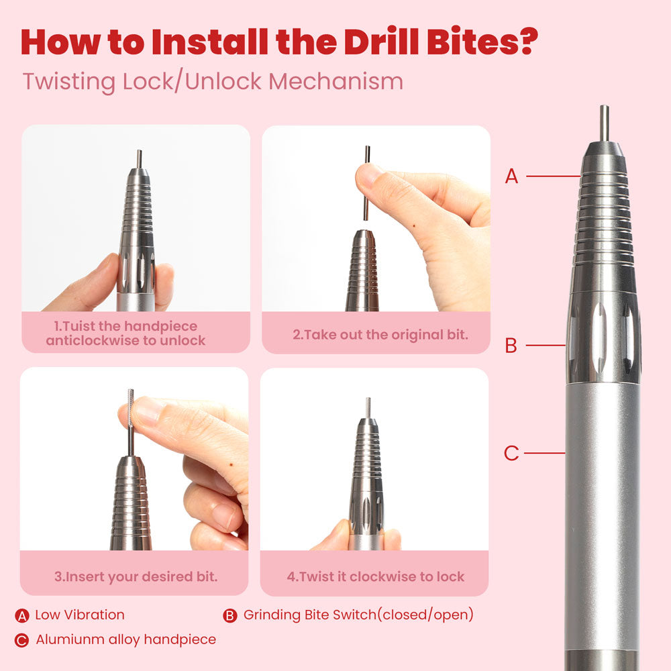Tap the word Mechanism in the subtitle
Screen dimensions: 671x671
point(336,81)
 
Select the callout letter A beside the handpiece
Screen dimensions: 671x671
point(511,176)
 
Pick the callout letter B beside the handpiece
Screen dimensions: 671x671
point(511,346)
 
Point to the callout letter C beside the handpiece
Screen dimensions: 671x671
point(511,453)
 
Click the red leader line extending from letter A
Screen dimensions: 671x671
point(554,176)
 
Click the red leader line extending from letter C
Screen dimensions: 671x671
point(545,453)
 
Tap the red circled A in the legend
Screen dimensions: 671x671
point(22,616)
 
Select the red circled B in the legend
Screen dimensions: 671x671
point(229,616)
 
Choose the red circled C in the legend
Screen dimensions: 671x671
point(22,641)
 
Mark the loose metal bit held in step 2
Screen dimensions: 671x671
point(367,183)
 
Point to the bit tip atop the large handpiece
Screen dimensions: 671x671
point(604,123)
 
